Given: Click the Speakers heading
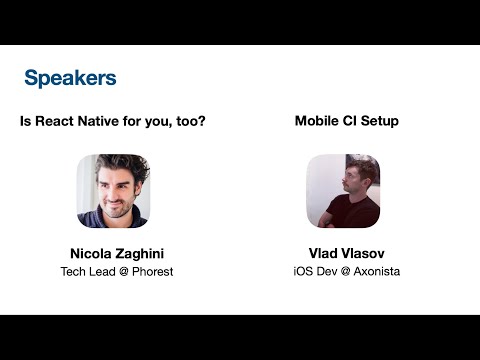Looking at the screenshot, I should point(70,77).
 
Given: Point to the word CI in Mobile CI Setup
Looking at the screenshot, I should point(352,121).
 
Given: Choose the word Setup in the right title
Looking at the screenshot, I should point(381,121).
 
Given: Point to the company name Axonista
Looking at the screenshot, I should point(373,271).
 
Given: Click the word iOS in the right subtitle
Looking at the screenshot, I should point(303,271).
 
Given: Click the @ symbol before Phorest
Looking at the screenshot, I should point(119,271).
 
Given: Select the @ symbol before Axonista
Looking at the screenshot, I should point(341,271).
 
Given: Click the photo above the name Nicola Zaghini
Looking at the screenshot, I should point(113,190).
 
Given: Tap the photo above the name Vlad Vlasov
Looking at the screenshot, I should point(342,190).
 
